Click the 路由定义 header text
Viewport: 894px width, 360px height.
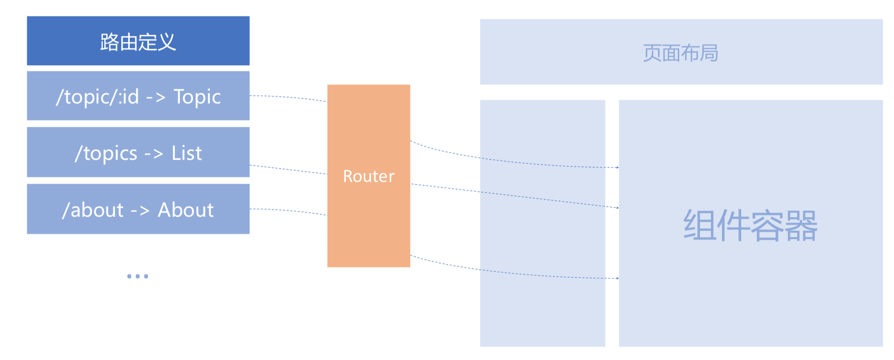[138, 42]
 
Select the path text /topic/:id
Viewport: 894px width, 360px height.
[97, 97]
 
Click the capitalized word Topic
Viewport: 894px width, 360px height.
[197, 97]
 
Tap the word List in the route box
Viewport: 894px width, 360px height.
[187, 153]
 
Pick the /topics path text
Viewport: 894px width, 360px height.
[106, 153]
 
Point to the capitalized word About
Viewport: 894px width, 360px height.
[186, 210]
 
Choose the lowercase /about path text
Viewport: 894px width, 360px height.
[93, 210]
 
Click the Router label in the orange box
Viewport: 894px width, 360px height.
[369, 176]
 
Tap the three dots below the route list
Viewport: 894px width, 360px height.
[138, 276]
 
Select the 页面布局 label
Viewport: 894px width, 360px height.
[680, 53]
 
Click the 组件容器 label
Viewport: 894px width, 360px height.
[750, 226]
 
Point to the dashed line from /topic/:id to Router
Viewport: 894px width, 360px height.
[288, 97]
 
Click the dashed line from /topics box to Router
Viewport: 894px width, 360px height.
[288, 170]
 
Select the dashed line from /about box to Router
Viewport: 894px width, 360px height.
[288, 210]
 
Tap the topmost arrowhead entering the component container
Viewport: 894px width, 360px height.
[617, 167]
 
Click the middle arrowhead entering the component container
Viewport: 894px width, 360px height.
[617, 207]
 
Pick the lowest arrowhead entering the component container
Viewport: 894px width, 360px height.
[617, 278]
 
